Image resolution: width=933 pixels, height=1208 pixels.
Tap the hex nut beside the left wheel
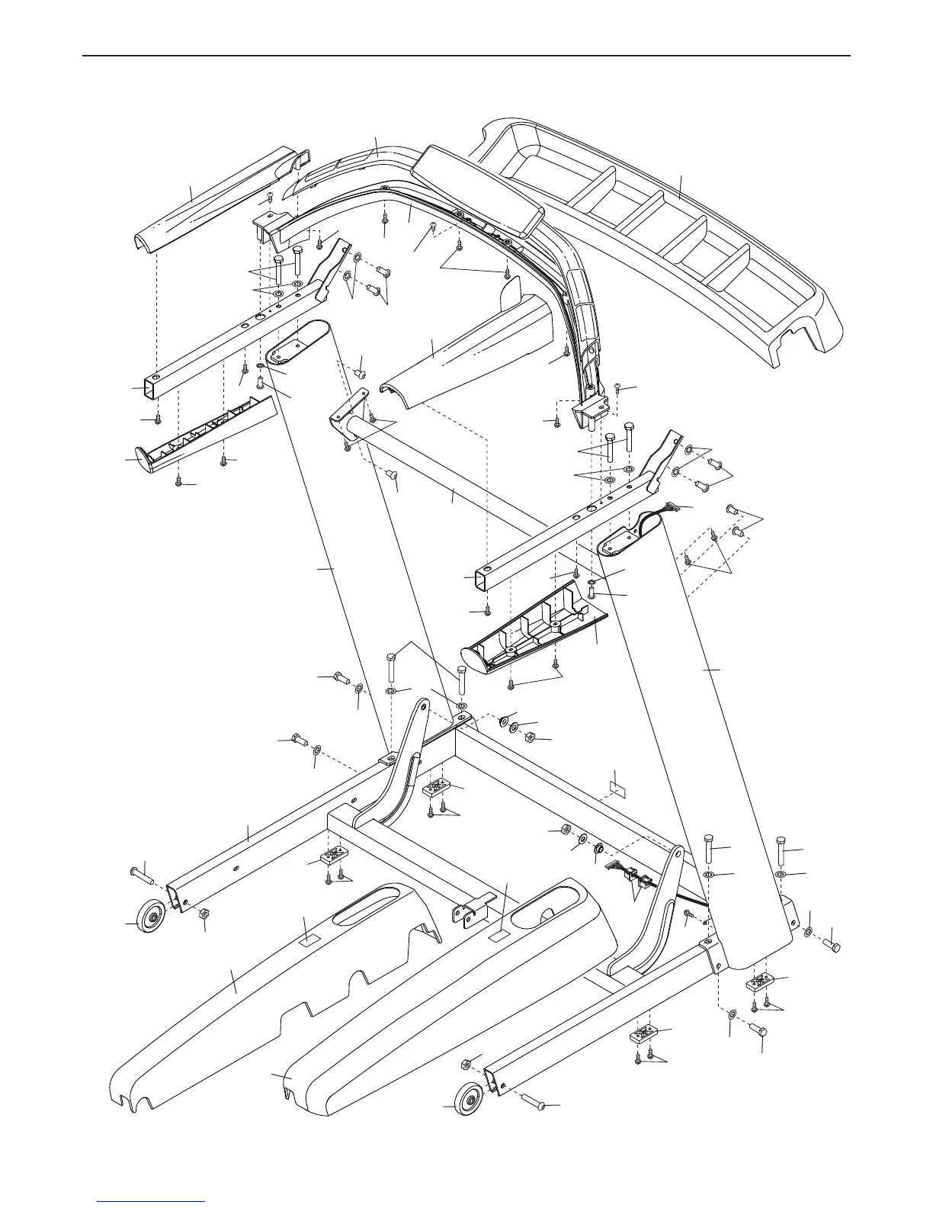[x=204, y=913]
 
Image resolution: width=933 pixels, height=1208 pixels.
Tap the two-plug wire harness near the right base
[x=625, y=877]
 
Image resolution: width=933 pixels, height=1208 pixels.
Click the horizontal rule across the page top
[x=466, y=56]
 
